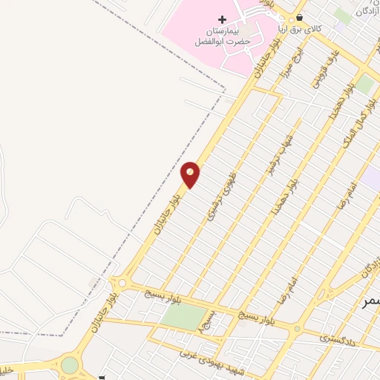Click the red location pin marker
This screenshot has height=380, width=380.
[191, 174]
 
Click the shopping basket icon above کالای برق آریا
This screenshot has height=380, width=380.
[299, 17]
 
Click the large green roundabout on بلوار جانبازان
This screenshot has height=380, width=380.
[70, 365]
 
